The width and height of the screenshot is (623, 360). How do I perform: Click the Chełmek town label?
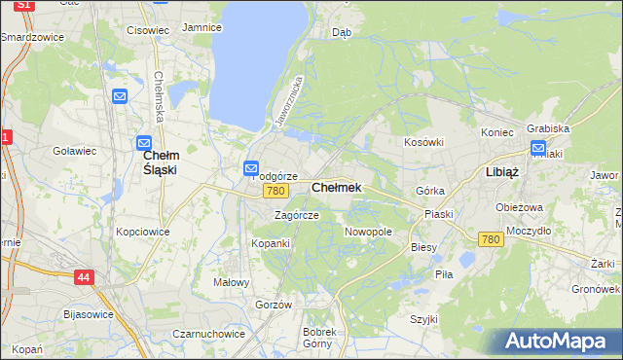336,187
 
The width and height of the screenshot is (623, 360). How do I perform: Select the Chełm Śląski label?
160,162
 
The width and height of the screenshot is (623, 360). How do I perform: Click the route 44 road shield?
85,278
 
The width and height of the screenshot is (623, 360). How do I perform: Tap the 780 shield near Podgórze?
274,191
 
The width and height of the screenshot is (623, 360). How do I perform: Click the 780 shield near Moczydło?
491,238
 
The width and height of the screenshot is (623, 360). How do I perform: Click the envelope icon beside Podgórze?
250,169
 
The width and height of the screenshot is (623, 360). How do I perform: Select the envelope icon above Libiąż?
538,148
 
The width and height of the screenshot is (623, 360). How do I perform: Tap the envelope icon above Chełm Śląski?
144,142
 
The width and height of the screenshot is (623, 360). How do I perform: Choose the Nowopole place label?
368,233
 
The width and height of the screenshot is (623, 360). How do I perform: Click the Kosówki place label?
423,142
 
